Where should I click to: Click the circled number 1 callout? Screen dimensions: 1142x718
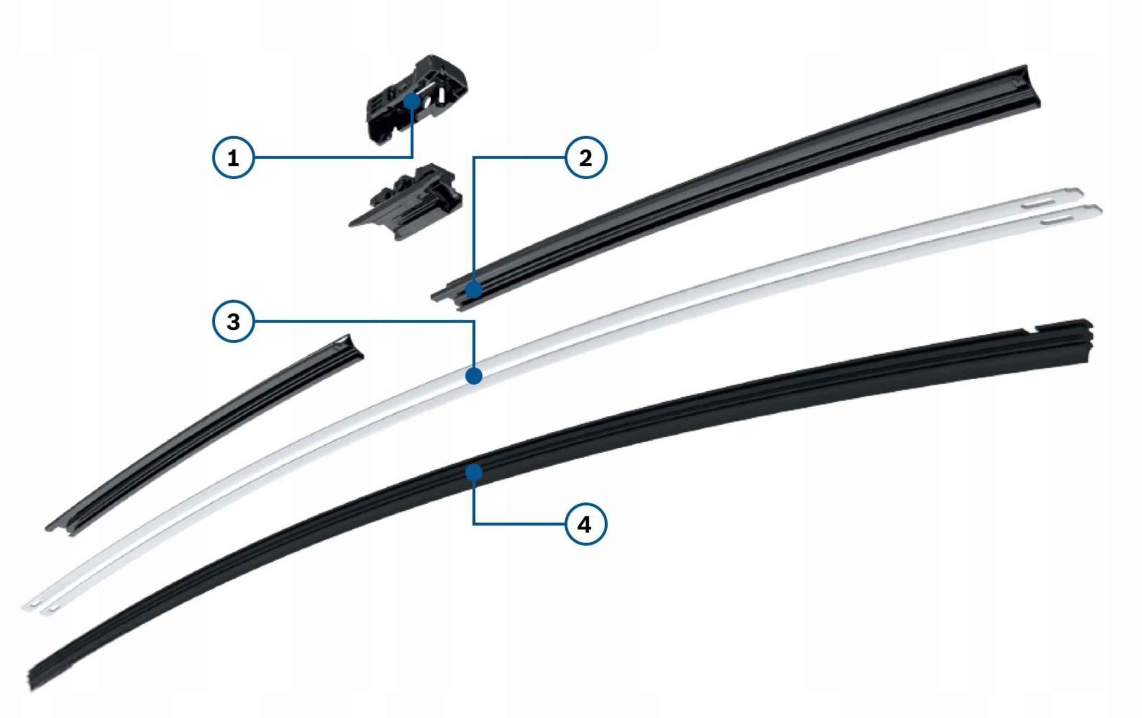(x=233, y=157)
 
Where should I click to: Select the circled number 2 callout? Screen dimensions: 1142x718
(x=586, y=157)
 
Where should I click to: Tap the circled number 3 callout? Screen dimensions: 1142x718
(x=233, y=322)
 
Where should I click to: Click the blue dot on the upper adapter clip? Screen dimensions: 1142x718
(x=411, y=101)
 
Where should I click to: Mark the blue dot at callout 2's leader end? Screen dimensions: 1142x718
(x=473, y=289)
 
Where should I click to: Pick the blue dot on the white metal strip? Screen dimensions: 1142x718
(x=474, y=376)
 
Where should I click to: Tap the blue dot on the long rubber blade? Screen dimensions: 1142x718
(x=474, y=472)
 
